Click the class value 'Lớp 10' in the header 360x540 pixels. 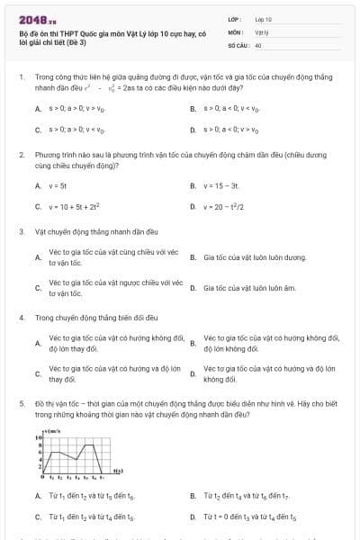[263, 19]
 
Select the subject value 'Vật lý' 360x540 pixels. [261, 31]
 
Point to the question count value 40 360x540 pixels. [258, 44]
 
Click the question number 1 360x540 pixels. [21, 77]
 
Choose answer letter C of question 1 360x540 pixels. [38, 129]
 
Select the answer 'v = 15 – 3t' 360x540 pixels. [220, 186]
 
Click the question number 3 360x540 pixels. [21, 232]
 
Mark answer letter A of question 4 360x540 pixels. [38, 343]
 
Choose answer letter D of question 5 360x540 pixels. [193, 517]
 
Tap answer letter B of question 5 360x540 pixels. [193, 496]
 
